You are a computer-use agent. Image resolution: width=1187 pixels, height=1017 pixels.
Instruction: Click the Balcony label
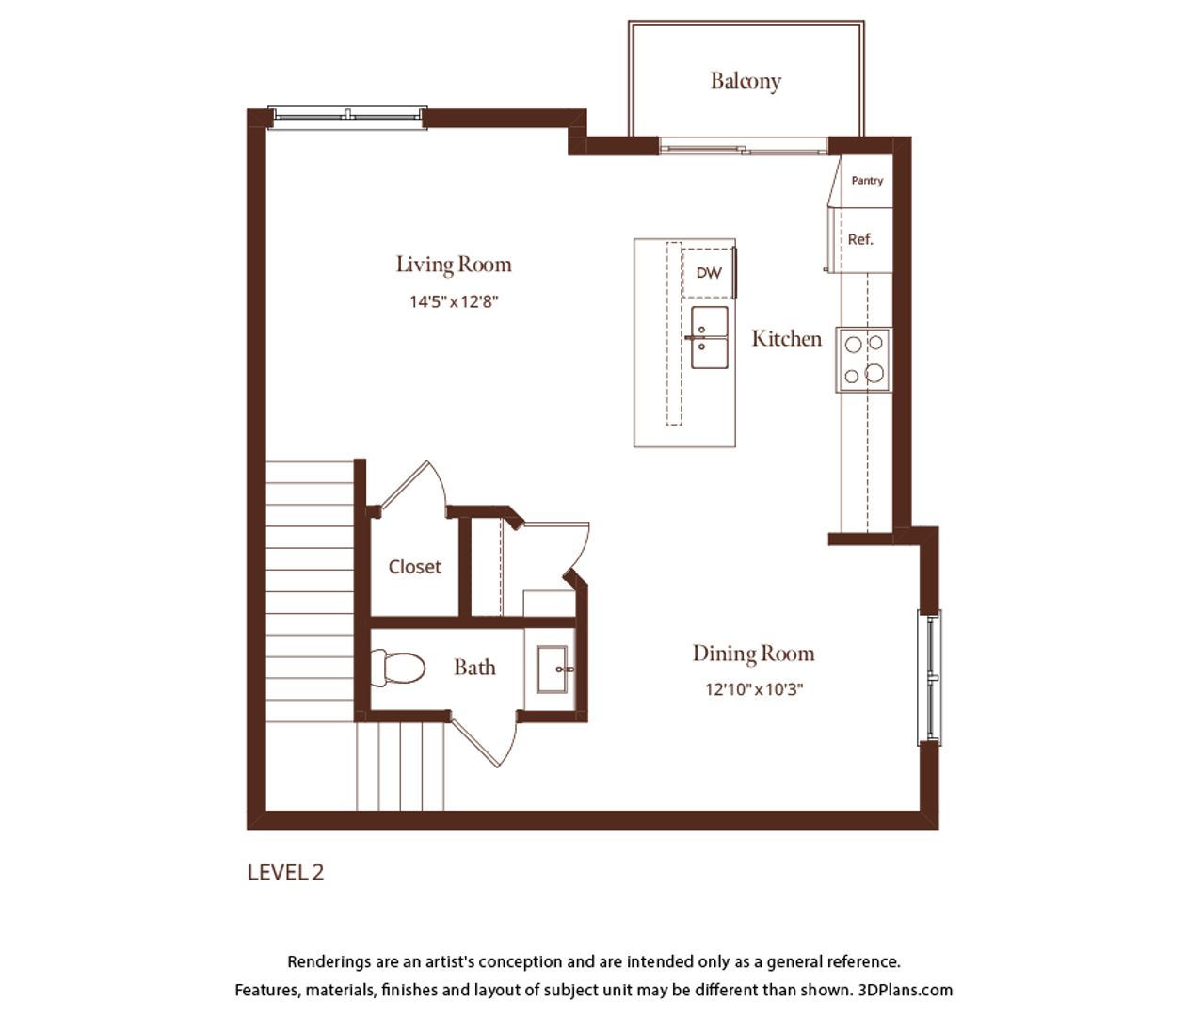(746, 81)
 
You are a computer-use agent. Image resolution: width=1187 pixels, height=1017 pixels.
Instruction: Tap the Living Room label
(454, 265)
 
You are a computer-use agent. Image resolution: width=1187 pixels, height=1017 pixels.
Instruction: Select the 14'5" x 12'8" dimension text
(454, 301)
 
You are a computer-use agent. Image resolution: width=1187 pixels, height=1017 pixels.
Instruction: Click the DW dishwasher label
(709, 273)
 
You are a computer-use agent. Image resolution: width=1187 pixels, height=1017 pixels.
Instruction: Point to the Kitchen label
(787, 338)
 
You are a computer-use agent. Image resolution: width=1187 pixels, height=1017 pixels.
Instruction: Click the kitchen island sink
(709, 337)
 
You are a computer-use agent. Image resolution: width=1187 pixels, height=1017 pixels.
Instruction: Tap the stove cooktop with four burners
(864, 360)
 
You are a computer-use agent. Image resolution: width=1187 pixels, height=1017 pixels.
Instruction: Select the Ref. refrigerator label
(860, 239)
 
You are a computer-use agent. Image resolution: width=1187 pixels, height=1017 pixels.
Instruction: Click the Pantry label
(867, 181)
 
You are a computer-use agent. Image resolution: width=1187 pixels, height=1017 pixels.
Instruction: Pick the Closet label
(414, 567)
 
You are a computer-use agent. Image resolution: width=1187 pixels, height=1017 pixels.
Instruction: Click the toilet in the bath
(397, 668)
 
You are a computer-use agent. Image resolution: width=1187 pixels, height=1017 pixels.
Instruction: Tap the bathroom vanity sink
(553, 669)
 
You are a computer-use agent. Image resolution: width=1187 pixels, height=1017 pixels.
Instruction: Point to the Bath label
(474, 667)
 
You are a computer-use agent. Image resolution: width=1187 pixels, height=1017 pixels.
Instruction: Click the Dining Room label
(753, 654)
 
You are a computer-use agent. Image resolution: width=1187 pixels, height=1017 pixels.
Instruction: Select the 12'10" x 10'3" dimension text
(754, 689)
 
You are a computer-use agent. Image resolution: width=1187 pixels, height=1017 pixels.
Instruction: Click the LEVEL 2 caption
(285, 873)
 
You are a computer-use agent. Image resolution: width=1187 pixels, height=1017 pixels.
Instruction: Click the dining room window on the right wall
(929, 677)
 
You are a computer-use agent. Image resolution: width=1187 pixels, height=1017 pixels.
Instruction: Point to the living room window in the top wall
(347, 118)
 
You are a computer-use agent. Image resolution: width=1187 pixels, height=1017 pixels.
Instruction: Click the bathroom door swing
(484, 740)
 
